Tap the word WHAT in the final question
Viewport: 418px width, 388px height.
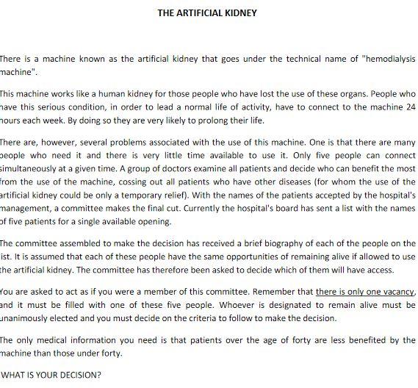pos(14,374)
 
